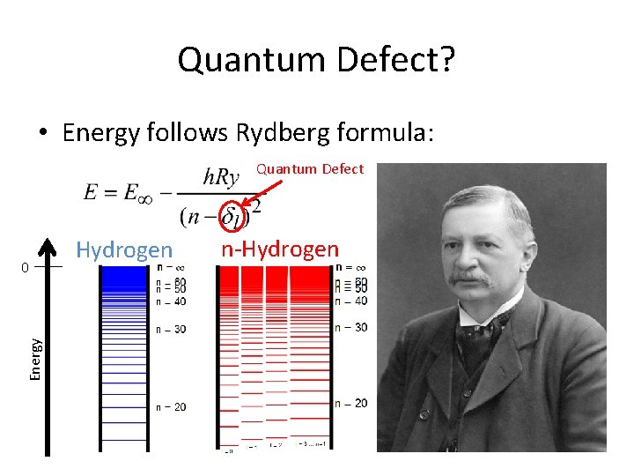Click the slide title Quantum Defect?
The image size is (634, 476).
[316, 60]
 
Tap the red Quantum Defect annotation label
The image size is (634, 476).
[309, 169]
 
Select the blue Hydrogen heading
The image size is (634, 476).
[124, 250]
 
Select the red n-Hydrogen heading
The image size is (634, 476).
[279, 249]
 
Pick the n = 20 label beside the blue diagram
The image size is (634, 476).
[171, 407]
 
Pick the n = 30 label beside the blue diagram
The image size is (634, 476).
[171, 330]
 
